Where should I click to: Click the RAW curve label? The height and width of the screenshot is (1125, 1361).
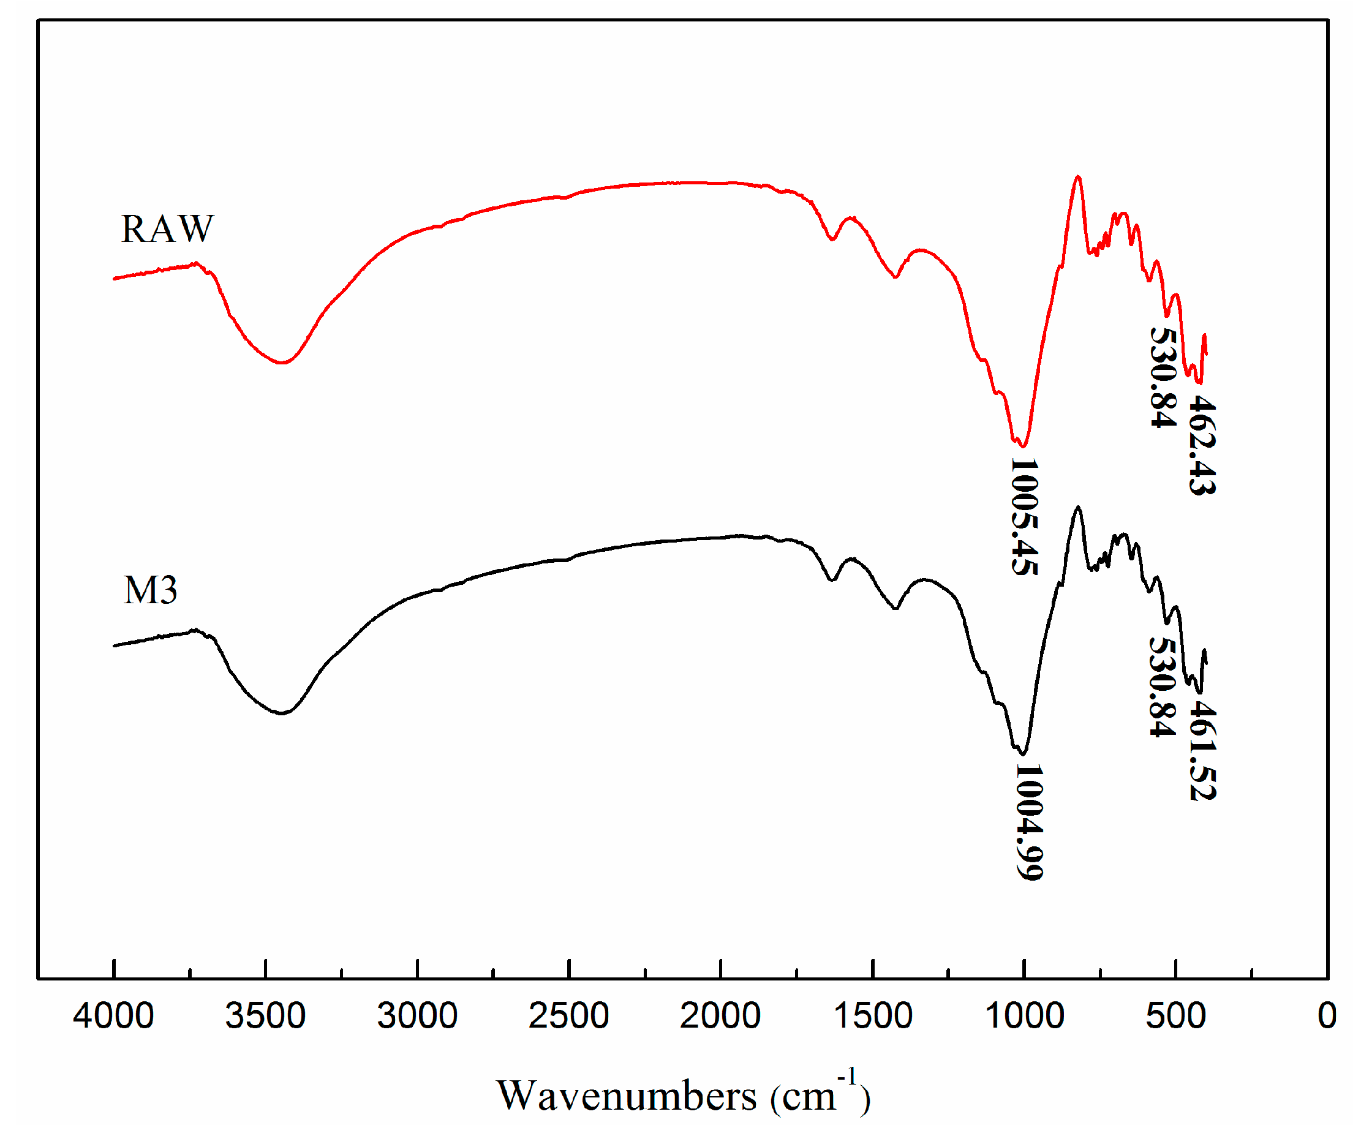click(x=167, y=230)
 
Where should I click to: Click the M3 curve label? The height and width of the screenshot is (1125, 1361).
click(x=150, y=591)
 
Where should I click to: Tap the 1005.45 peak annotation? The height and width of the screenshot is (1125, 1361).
click(x=1025, y=517)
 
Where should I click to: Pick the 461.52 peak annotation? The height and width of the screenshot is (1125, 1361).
click(x=1203, y=751)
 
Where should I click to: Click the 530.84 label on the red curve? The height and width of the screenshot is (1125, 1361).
click(x=1163, y=378)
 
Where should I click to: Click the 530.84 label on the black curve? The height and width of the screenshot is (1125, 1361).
click(x=1163, y=688)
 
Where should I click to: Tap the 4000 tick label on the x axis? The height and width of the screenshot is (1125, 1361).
click(x=113, y=1016)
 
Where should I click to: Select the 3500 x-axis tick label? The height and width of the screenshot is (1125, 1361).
click(x=265, y=1016)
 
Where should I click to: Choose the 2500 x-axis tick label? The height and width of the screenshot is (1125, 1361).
click(x=568, y=1016)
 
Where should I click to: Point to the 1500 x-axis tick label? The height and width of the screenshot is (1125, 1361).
click(x=872, y=1016)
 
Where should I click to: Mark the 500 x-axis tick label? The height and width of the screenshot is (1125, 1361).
click(x=1175, y=1016)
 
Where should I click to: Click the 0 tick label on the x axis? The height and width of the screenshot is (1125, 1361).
click(x=1327, y=1016)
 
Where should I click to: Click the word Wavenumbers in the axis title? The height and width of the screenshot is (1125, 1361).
click(x=626, y=1096)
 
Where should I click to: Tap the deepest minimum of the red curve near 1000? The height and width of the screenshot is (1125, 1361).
click(x=1023, y=446)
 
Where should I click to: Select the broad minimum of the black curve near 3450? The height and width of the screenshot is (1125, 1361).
click(x=281, y=713)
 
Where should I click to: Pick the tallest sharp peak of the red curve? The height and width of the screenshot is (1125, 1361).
click(x=1078, y=176)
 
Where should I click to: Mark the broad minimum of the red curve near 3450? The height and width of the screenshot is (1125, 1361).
click(x=281, y=363)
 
